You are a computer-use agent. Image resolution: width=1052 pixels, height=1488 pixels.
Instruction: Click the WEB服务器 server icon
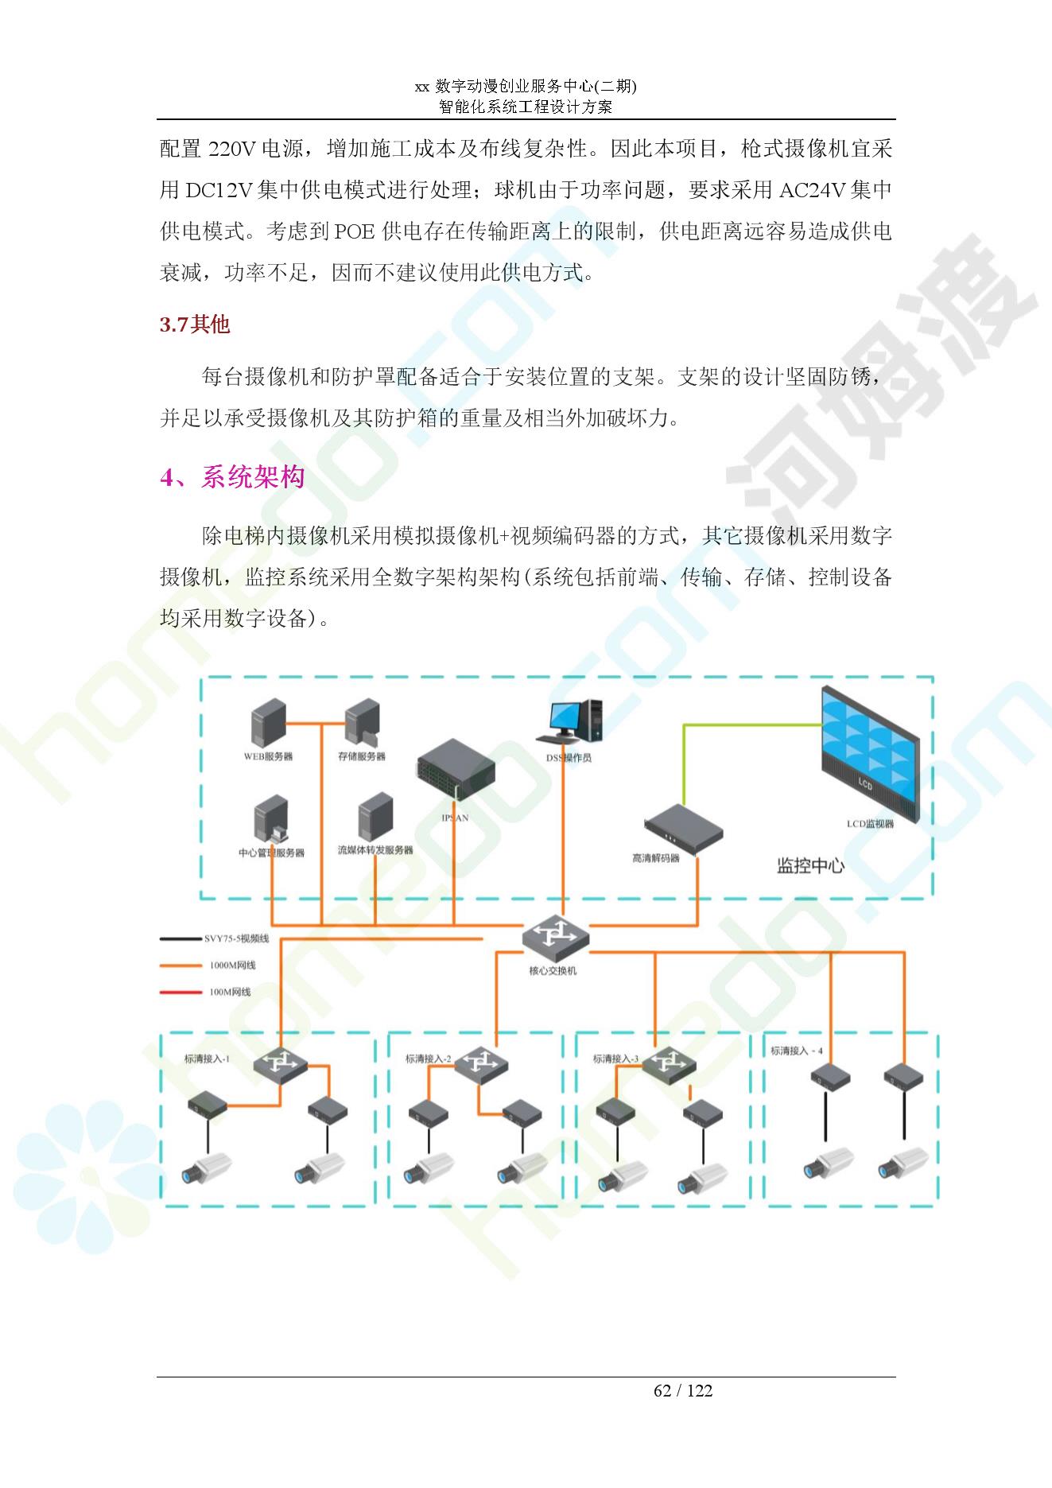268,723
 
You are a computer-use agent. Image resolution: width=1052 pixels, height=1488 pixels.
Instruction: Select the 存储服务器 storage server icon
363,723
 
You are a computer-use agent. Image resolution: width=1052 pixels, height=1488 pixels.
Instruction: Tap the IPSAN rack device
456,774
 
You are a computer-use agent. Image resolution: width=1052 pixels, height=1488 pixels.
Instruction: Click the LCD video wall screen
870,753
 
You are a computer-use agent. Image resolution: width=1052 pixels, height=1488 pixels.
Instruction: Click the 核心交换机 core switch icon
556,937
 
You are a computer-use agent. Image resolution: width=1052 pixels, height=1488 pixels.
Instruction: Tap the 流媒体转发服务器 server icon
376,818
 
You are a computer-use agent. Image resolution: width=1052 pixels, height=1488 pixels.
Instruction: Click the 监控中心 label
810,865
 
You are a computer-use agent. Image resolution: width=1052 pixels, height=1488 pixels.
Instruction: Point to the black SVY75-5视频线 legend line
181,938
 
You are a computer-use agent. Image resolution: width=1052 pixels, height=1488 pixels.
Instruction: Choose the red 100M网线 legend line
181,992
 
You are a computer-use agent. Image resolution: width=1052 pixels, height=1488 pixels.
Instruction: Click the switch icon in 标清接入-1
281,1063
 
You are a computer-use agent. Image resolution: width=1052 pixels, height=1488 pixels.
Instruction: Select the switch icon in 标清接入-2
481,1063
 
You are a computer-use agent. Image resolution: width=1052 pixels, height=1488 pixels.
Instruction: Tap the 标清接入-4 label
796,1051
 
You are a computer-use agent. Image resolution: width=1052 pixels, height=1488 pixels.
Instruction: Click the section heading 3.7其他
195,324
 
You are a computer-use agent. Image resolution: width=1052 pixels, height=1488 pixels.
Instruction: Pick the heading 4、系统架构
232,477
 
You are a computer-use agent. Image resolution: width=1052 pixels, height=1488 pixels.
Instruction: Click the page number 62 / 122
683,1390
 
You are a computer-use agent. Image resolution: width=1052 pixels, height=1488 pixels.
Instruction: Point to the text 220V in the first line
231,148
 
